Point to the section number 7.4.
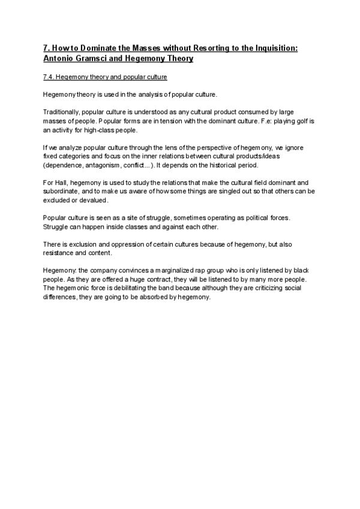[50, 77]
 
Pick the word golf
[298, 121]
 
